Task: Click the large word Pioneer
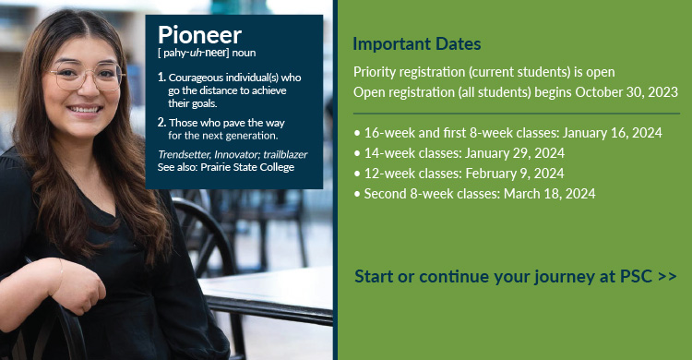(199, 35)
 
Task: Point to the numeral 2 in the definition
(161, 122)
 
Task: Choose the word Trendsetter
(183, 154)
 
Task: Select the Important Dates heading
(417, 44)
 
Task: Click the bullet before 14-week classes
(357, 152)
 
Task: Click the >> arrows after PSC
(667, 276)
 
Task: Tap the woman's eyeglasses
(85, 77)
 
